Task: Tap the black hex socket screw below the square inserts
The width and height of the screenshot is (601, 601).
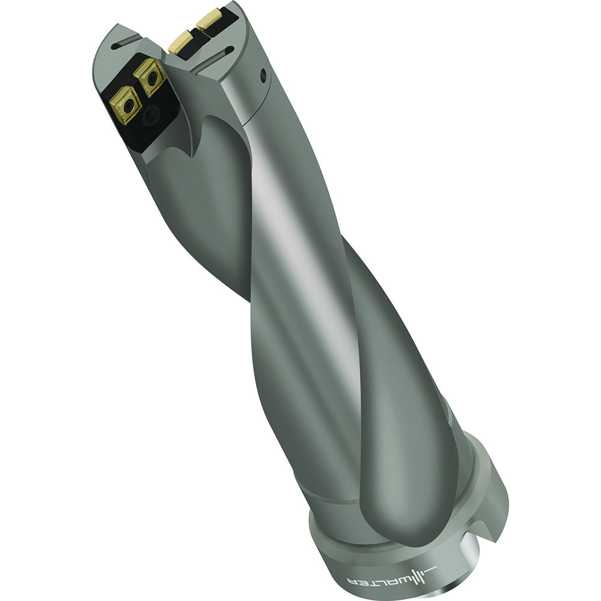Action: [154, 113]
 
